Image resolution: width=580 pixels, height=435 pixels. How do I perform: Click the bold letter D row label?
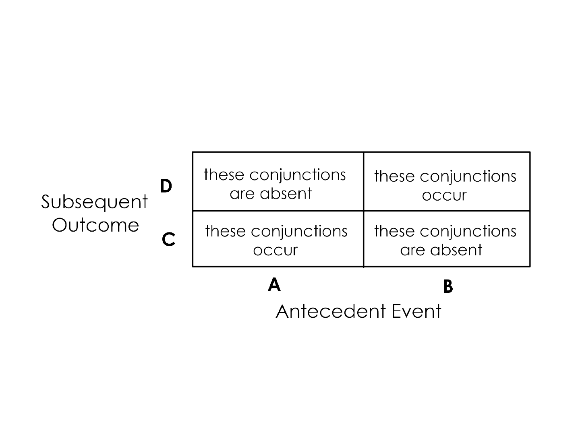[166, 186]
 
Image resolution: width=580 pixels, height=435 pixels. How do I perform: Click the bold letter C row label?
[168, 240]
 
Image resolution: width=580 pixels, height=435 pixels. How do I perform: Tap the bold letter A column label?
[274, 285]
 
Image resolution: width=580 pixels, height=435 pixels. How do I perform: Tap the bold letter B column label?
[448, 287]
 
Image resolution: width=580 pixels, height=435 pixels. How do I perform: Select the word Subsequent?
[95, 202]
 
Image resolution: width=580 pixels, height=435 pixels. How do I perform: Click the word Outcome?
[95, 225]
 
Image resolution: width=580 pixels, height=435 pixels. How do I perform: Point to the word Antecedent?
[328, 311]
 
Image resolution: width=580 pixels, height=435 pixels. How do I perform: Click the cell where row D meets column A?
[278, 182]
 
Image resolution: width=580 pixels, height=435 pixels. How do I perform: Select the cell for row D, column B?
[447, 182]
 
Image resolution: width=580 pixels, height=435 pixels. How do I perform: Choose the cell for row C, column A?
[278, 239]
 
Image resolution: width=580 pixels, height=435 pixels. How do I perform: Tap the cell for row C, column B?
[447, 239]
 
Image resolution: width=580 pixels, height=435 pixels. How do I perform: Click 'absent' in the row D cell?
[286, 194]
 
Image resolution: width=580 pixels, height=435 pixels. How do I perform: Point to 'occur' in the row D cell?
[444, 195]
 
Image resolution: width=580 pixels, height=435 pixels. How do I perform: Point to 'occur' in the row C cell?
[275, 250]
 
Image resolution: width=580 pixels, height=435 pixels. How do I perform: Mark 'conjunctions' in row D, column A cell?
[298, 175]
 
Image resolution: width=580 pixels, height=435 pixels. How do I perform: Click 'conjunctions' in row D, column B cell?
[468, 177]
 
